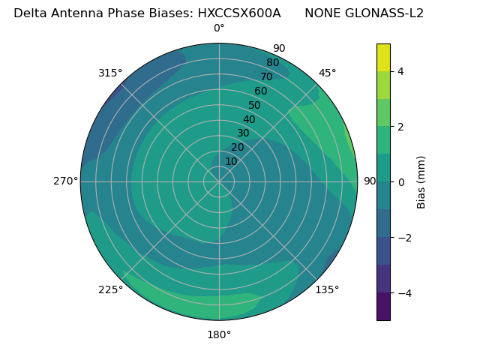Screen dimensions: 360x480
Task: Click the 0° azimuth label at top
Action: tap(219, 28)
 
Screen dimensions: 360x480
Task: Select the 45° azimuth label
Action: tap(327, 73)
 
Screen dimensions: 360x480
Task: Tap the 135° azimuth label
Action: tap(327, 289)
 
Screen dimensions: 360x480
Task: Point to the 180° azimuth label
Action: tap(219, 334)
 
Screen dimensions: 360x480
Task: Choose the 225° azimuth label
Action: tap(110, 289)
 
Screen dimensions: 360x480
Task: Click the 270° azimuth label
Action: tap(65, 181)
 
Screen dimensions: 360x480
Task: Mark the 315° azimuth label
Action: tap(110, 73)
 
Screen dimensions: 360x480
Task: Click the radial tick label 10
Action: tap(231, 161)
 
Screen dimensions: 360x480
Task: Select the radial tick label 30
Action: tap(243, 133)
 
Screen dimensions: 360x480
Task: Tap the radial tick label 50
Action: tap(254, 106)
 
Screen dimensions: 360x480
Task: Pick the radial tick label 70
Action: tap(266, 77)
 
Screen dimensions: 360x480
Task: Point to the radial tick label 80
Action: tap(272, 63)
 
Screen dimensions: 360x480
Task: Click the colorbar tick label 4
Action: tap(400, 71)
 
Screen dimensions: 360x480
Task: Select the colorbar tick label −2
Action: tap(403, 238)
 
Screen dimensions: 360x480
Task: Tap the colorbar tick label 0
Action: tap(400, 182)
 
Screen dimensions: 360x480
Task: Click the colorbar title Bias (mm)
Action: tap(421, 182)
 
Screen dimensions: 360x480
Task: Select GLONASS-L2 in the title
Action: tap(382, 13)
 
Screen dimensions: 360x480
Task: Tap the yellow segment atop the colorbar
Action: tap(383, 57)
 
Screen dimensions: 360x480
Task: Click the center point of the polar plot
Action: tap(219, 181)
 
